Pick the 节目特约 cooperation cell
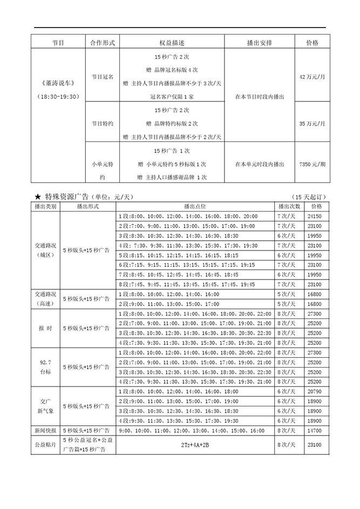pyautogui.click(x=103, y=124)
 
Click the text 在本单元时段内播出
pyautogui.click(x=259, y=164)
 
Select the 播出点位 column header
pyautogui.click(x=195, y=207)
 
